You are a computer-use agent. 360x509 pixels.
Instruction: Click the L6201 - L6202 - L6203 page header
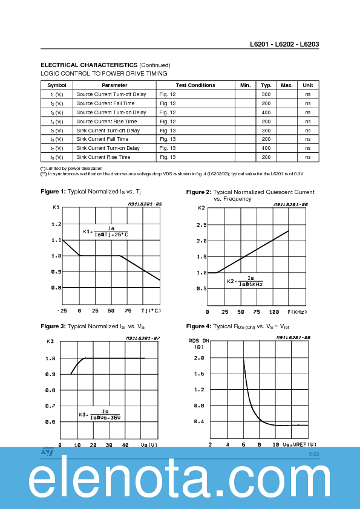(284, 45)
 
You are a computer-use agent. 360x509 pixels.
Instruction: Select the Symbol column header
(56, 85)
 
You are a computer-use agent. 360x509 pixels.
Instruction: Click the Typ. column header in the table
(266, 85)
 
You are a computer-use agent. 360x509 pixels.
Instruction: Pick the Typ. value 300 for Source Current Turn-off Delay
(266, 94)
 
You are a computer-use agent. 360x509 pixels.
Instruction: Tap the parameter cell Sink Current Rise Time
(103, 157)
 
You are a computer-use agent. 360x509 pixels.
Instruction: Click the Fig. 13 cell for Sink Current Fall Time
(168, 139)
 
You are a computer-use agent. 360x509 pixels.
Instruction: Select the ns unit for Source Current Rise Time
(307, 122)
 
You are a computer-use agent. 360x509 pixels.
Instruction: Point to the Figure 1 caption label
(53, 192)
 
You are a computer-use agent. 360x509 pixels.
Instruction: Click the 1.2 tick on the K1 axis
(56, 224)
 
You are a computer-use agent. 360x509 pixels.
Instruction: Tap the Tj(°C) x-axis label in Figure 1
(151, 311)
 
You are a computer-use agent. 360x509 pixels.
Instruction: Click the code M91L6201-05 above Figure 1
(145, 204)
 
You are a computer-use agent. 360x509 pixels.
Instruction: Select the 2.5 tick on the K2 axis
(201, 225)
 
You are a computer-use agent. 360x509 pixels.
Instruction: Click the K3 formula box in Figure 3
(100, 415)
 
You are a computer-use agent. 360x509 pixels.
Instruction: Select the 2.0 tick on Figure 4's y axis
(198, 358)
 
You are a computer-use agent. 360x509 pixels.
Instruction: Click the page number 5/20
(313, 453)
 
